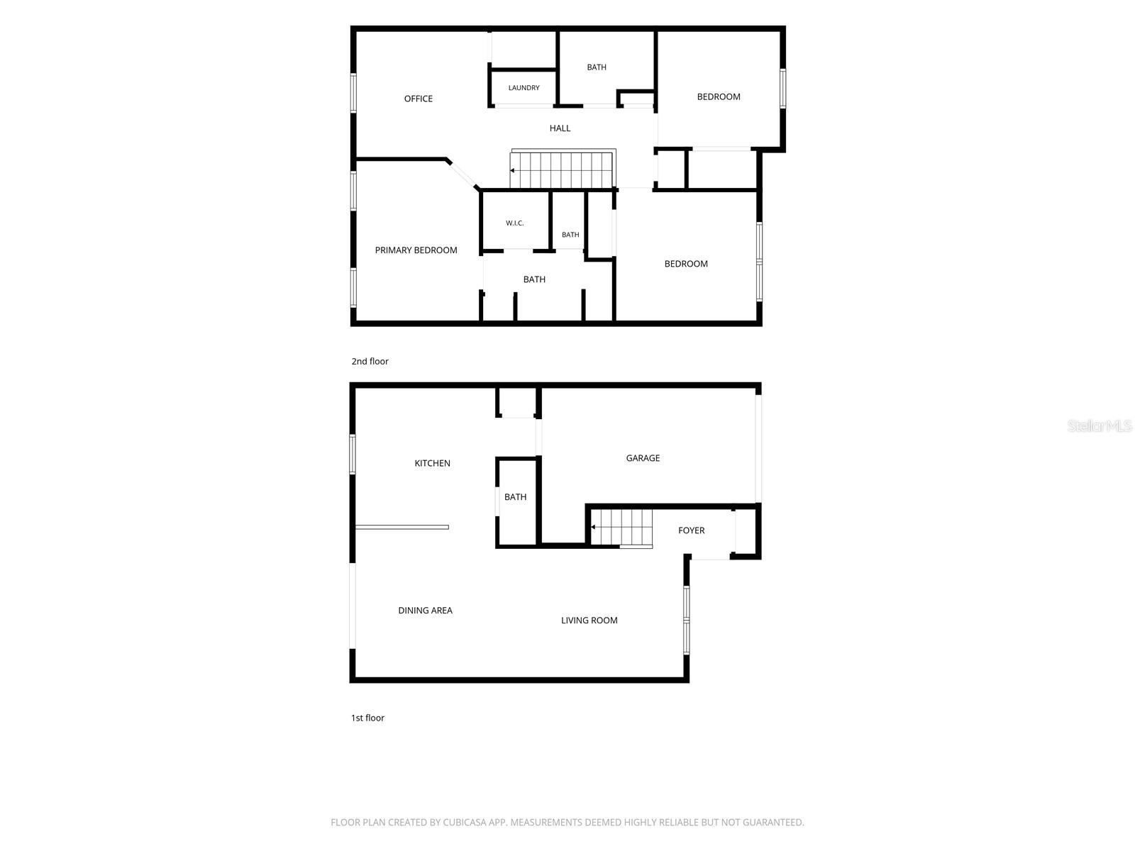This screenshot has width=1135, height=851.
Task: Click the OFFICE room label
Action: [418, 99]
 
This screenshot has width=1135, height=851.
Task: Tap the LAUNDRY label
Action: [524, 88]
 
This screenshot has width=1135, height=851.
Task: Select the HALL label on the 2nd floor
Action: [560, 128]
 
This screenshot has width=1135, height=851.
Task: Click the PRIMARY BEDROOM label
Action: [416, 250]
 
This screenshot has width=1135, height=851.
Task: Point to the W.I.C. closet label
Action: [514, 223]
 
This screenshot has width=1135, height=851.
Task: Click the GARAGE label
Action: [643, 458]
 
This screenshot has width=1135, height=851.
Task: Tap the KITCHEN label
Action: [432, 463]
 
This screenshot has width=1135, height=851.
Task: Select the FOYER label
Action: [692, 530]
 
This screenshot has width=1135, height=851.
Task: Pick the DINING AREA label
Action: [425, 610]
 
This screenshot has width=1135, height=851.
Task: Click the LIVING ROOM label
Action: [589, 620]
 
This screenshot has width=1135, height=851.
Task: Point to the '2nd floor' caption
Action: [370, 361]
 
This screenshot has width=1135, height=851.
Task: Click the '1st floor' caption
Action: [367, 718]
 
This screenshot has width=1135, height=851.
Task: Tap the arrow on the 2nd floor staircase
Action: [512, 170]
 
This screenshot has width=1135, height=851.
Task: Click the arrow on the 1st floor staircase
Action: [593, 527]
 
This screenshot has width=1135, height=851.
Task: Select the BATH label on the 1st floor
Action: [515, 496]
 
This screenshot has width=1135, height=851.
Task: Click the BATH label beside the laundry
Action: [596, 67]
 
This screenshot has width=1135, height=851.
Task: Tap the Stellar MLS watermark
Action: [1100, 425]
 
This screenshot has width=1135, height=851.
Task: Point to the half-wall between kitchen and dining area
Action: [402, 527]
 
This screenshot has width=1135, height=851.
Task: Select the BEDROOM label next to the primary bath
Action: [686, 264]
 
